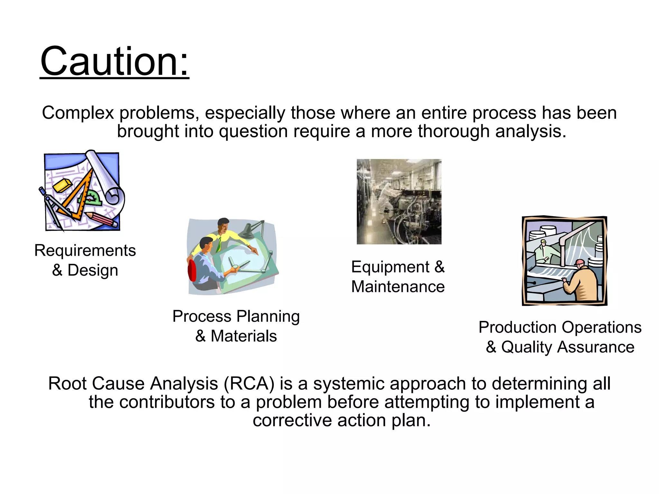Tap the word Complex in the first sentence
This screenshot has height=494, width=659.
point(78,113)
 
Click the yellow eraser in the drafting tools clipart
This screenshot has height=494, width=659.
point(62,186)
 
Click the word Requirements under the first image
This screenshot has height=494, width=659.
point(85,250)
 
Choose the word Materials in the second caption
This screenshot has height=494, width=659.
point(244,336)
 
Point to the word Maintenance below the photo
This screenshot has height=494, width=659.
point(398,287)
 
